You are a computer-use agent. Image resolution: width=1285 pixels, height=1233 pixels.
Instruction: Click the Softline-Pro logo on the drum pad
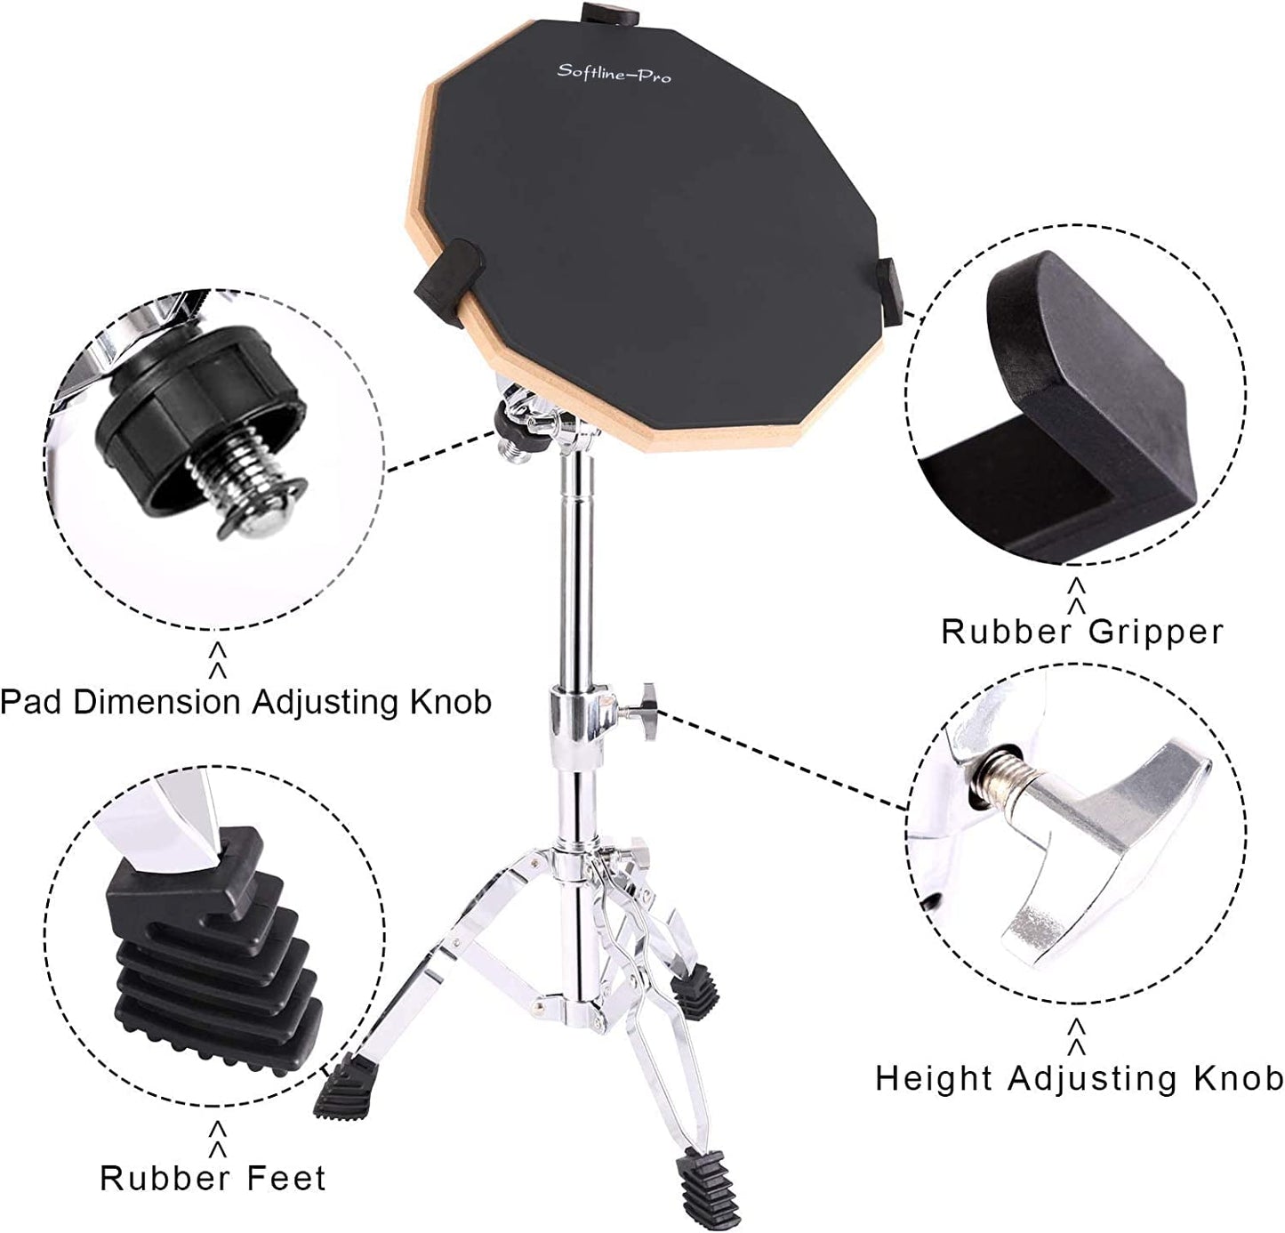[614, 73]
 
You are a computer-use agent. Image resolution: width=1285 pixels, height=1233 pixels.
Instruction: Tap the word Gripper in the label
[1155, 632]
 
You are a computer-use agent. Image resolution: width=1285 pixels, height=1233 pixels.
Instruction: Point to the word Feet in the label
[286, 1178]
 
